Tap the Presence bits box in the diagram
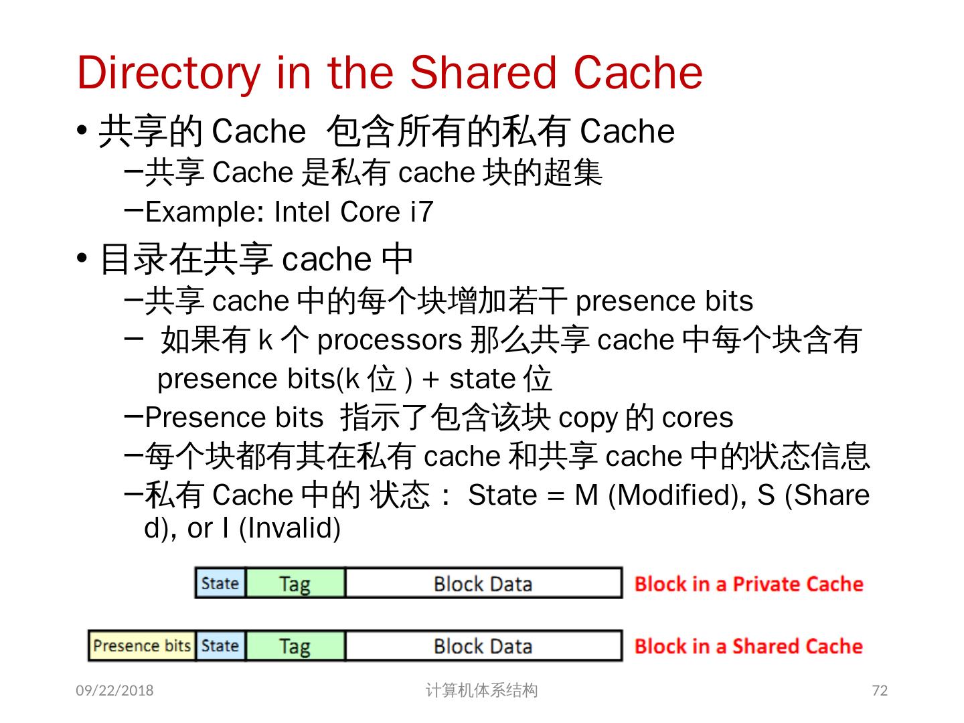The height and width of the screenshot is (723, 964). pyautogui.click(x=142, y=646)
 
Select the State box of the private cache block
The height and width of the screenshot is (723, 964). pyautogui.click(x=220, y=583)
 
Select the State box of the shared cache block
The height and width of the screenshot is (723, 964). pyautogui.click(x=220, y=646)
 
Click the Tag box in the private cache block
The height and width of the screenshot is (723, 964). pyautogui.click(x=295, y=583)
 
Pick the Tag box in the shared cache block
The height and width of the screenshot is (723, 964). pyautogui.click(x=295, y=646)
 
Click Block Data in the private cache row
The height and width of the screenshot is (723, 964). pyautogui.click(x=483, y=583)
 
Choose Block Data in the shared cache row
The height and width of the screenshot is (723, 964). pyautogui.click(x=483, y=646)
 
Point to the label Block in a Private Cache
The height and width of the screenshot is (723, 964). pyautogui.click(x=748, y=584)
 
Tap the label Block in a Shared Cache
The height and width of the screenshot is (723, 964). pyautogui.click(x=748, y=646)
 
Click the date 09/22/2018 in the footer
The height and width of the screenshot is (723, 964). pyautogui.click(x=114, y=690)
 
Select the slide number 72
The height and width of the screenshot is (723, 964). pyautogui.click(x=880, y=690)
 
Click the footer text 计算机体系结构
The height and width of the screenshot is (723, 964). pyautogui.click(x=481, y=690)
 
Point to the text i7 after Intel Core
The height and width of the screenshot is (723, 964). pyautogui.click(x=422, y=212)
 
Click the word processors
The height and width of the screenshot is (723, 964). pyautogui.click(x=390, y=340)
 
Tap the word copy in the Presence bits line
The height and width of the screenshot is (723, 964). pyautogui.click(x=587, y=418)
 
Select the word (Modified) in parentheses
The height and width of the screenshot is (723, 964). pyautogui.click(x=676, y=495)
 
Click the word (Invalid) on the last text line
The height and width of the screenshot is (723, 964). pyautogui.click(x=290, y=528)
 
